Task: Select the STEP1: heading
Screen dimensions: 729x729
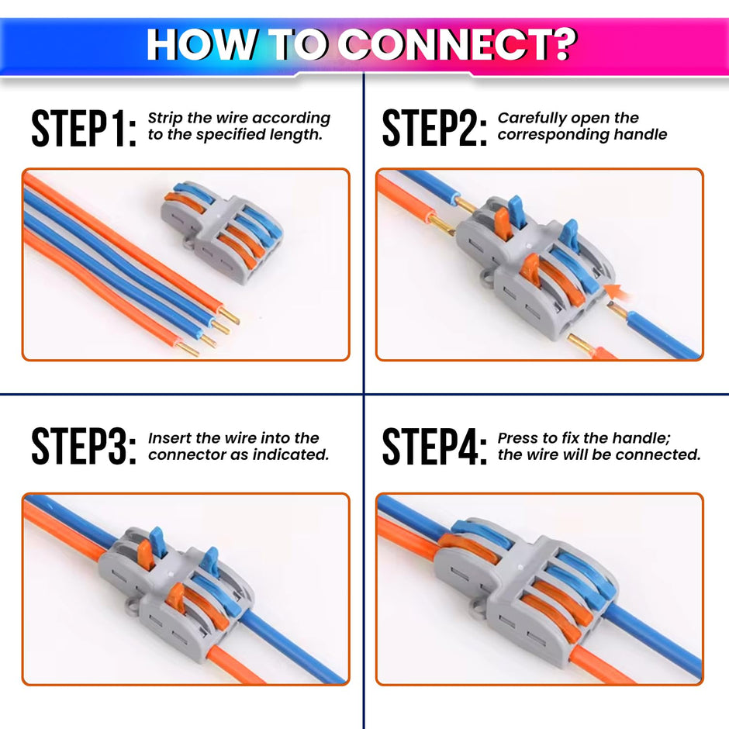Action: point(84,129)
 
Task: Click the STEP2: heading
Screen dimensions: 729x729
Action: point(434,129)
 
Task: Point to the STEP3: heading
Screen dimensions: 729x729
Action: point(84,446)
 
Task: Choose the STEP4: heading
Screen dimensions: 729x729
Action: point(434,446)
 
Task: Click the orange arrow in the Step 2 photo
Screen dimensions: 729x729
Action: point(615,292)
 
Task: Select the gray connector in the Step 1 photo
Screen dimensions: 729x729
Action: point(222,230)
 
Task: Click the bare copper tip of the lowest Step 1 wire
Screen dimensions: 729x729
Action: point(187,349)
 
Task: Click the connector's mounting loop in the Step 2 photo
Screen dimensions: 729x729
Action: point(486,277)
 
